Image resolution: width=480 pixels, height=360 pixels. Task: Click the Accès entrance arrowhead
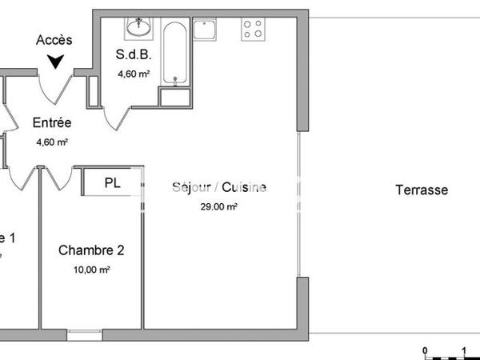[56, 61]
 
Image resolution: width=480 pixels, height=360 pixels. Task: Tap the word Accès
[55, 40]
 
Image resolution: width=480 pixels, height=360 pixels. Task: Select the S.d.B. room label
[134, 56]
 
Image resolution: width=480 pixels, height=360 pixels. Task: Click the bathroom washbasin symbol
[139, 27]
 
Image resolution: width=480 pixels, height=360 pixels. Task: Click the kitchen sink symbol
[210, 30]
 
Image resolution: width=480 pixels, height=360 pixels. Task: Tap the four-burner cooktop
[254, 29]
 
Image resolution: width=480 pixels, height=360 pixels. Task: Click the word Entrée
[52, 123]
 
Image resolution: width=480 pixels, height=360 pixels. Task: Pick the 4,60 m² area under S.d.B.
[134, 75]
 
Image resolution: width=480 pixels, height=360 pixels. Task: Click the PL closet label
[113, 182]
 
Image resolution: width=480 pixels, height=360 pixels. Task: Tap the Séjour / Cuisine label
[219, 188]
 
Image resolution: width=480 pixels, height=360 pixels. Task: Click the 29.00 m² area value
[219, 206]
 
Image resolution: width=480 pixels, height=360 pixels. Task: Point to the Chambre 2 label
[91, 250]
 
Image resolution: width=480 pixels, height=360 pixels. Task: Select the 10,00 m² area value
[91, 270]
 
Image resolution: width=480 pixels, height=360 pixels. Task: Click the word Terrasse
[422, 190]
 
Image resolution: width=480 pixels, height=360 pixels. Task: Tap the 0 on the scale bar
[426, 350]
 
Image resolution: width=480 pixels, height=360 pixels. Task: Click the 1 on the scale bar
[464, 350]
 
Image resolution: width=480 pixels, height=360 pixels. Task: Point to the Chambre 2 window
[83, 334]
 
